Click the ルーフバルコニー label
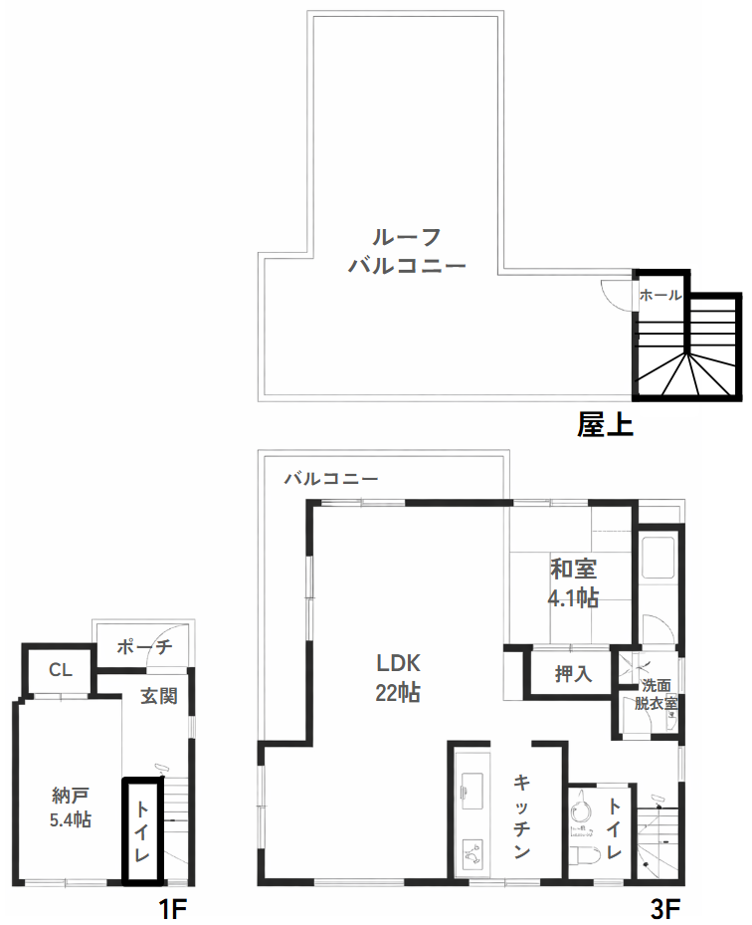pos(407,251)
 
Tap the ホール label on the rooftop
pos(660,295)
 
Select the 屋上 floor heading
pos(605,425)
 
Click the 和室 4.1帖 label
pos(573,583)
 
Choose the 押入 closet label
pos(573,673)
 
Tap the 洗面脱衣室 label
pos(657,694)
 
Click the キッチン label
pos(521,816)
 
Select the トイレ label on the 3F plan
pos(615,829)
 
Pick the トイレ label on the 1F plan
pos(142,832)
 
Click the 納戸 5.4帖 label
pos(72,808)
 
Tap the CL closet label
pos(61,670)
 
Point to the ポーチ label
pos(144,646)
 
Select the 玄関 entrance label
pos(158,695)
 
